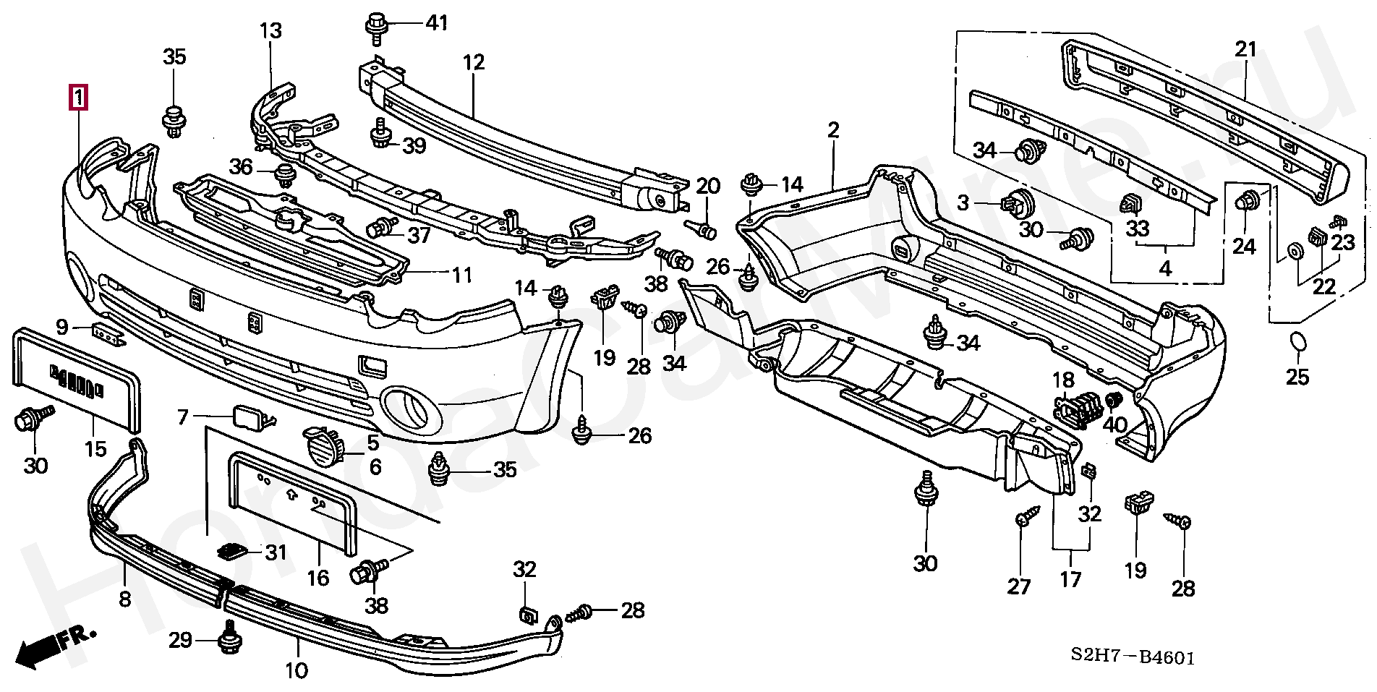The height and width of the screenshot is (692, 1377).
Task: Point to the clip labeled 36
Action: (x=284, y=174)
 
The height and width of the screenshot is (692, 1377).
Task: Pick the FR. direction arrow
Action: (x=54, y=644)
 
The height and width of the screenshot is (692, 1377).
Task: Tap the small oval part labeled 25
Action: (x=1298, y=343)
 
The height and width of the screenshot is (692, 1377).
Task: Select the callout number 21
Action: (x=1245, y=49)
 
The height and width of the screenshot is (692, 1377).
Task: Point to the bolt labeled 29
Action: (x=229, y=637)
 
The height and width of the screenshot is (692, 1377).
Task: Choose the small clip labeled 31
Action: (x=231, y=551)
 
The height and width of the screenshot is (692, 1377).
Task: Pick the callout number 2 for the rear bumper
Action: (x=833, y=131)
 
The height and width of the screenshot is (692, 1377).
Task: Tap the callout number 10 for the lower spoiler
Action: (x=297, y=671)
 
